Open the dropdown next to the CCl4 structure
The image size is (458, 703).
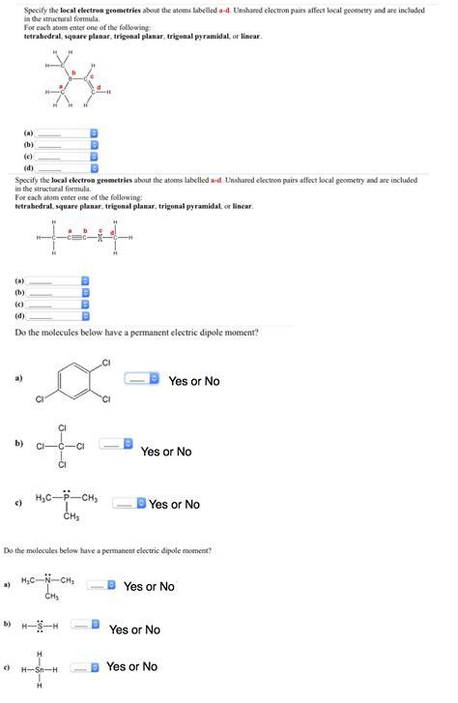115,445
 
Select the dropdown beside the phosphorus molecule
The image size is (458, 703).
129,504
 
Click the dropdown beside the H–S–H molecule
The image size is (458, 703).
88,625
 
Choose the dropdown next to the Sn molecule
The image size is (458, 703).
88,667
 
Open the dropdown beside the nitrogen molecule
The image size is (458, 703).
101,585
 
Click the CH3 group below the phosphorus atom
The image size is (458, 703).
71,517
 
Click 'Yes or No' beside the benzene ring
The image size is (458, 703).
194,381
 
